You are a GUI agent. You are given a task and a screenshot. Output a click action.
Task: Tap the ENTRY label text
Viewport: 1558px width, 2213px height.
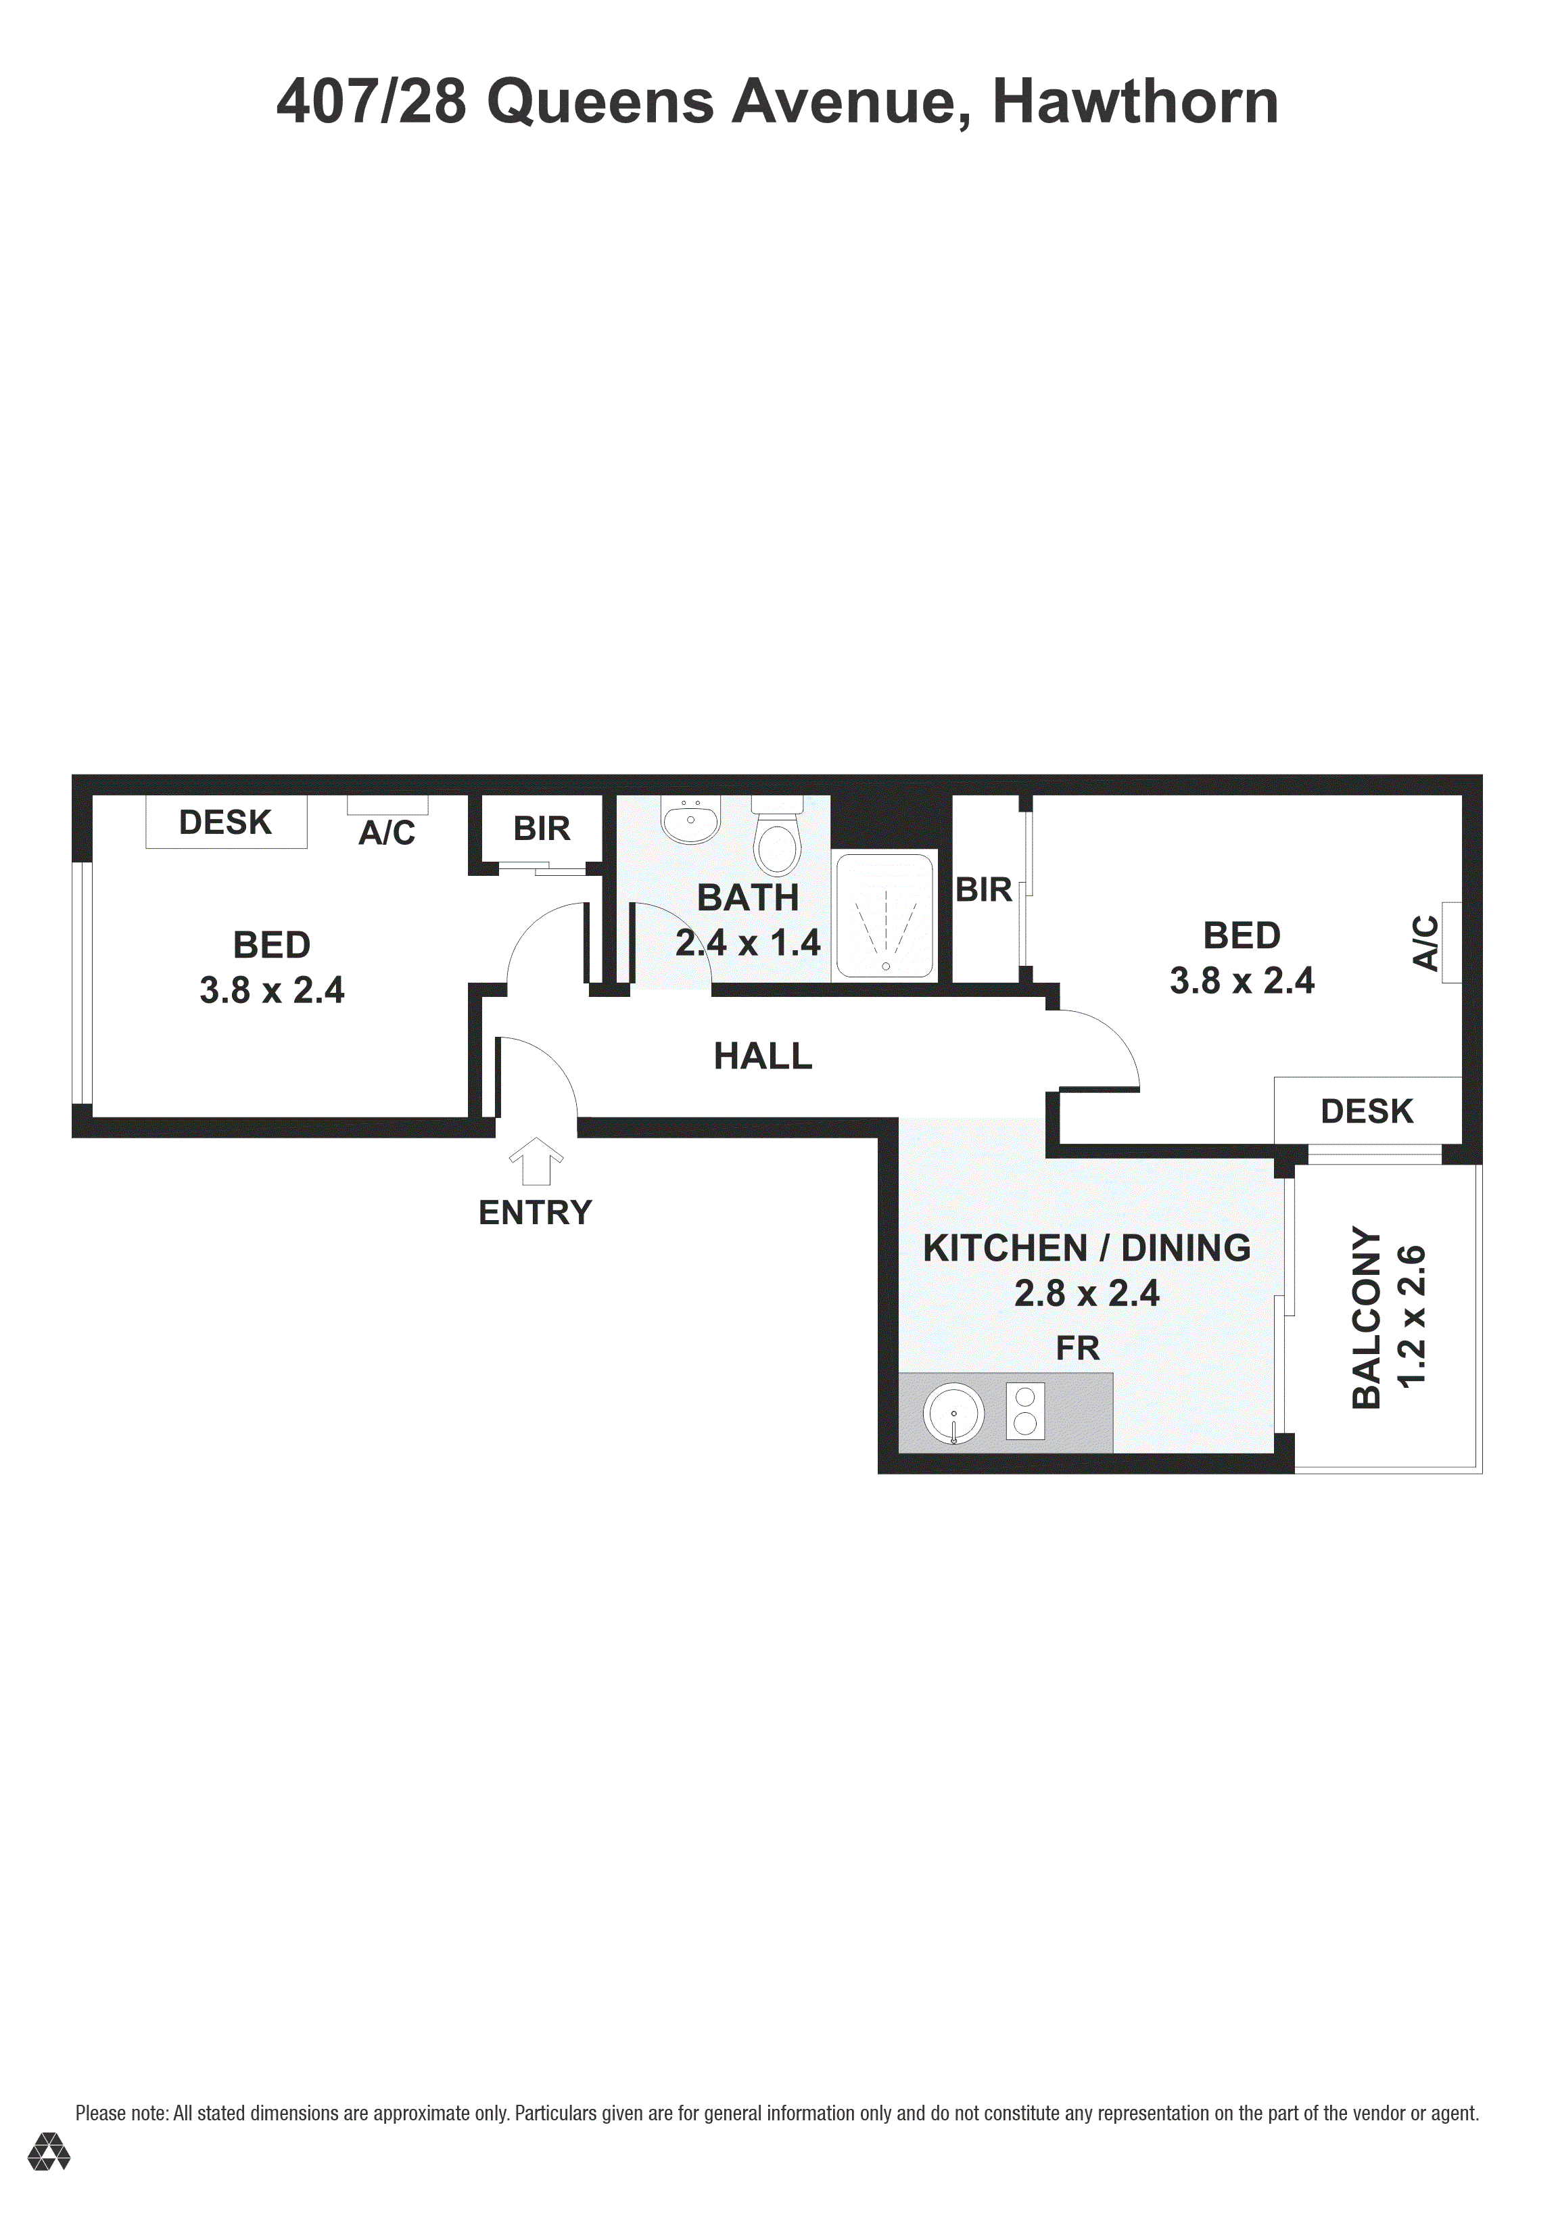click(x=535, y=1213)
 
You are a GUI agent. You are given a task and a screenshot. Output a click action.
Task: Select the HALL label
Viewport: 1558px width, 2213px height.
click(x=763, y=1056)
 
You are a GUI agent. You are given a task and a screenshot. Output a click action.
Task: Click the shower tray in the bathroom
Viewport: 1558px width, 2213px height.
click(x=885, y=914)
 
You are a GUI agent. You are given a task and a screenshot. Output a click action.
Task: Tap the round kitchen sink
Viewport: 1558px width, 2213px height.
click(x=953, y=1414)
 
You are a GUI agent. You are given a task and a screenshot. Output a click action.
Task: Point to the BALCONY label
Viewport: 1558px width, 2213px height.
click(x=1366, y=1318)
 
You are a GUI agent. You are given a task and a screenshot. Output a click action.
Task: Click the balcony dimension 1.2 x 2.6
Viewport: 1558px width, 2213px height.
click(x=1411, y=1315)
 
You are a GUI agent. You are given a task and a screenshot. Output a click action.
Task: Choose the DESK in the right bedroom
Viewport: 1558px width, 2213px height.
click(x=1367, y=1111)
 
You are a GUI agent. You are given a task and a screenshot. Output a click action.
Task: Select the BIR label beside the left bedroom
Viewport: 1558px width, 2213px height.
click(x=542, y=828)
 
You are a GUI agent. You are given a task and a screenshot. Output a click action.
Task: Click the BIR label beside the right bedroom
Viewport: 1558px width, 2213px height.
click(x=984, y=889)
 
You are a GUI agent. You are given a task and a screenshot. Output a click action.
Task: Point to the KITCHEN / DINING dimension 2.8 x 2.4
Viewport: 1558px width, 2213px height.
click(x=1087, y=1293)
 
